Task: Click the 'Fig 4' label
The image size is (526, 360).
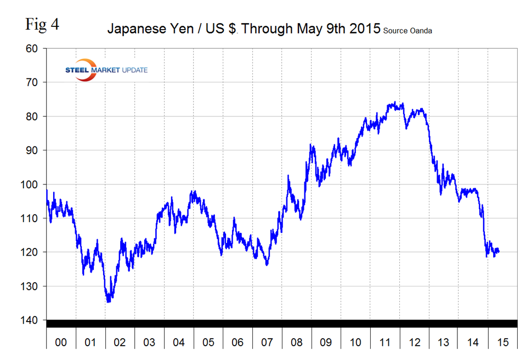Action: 42,25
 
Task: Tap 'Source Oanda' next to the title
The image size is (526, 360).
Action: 407,31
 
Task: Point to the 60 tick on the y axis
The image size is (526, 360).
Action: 31,49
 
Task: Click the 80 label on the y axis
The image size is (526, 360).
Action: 31,116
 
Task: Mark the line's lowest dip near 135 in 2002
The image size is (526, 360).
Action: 109,301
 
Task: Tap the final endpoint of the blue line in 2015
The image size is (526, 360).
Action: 499,252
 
